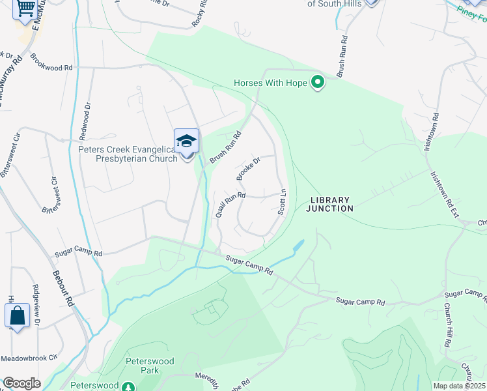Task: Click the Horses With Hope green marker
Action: [318, 83]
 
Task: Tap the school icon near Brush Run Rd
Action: [186, 141]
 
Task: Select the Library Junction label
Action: [331, 204]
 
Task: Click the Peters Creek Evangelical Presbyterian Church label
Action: [128, 153]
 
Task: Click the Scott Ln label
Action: [283, 203]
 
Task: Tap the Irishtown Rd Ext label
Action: [441, 194]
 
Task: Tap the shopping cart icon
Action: [25, 8]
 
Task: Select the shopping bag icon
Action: [17, 315]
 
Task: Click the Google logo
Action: [21, 383]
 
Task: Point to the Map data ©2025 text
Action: [459, 386]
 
